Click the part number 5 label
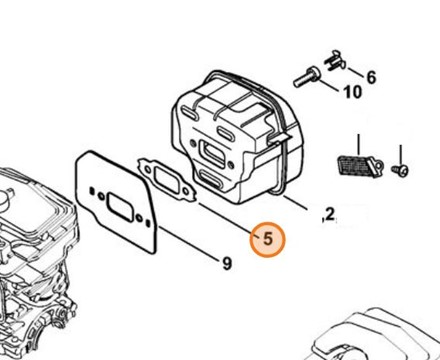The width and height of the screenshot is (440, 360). [268, 239]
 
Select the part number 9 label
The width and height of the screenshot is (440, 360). [227, 264]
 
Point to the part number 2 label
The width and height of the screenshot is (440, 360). [330, 214]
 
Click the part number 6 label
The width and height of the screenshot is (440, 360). [371, 78]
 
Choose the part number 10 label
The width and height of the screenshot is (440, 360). [353, 92]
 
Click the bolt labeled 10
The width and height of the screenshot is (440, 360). [306, 77]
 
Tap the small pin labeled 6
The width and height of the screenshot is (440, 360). [335, 62]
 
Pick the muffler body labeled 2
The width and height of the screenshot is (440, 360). [237, 137]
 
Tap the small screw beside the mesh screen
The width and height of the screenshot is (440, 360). [400, 170]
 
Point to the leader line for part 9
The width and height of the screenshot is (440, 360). [188, 242]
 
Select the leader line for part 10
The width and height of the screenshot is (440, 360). [328, 85]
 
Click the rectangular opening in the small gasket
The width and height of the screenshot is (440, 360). [167, 180]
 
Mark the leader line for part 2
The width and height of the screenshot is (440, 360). [295, 203]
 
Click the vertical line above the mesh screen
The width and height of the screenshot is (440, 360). [358, 144]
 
